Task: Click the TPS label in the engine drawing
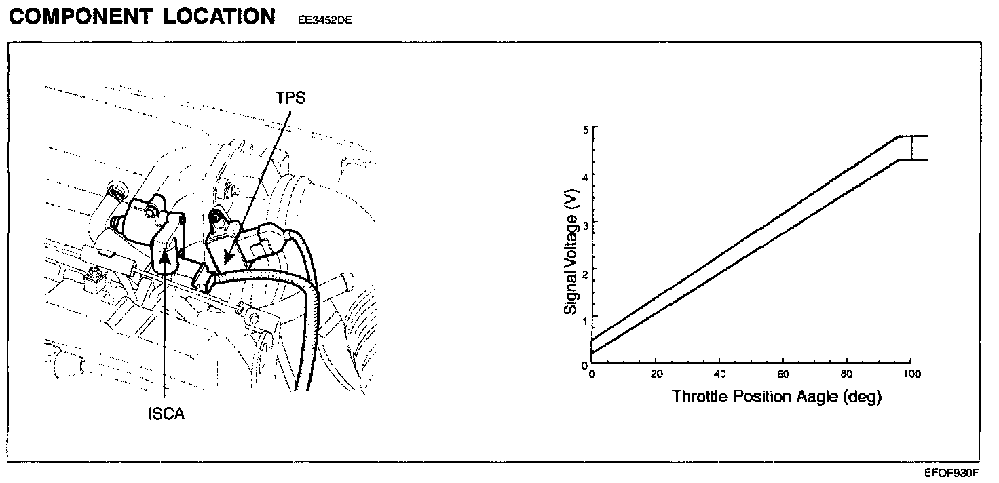tap(291, 98)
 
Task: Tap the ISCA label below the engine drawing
tap(166, 413)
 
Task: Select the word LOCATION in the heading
tap(219, 17)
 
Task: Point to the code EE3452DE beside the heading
tap(324, 20)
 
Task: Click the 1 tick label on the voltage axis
tap(584, 317)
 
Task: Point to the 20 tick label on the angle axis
tap(656, 374)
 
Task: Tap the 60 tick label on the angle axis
tap(783, 374)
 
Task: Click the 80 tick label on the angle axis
tap(846, 374)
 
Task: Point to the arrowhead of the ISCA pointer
tap(165, 253)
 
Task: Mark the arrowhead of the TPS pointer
tap(225, 262)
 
